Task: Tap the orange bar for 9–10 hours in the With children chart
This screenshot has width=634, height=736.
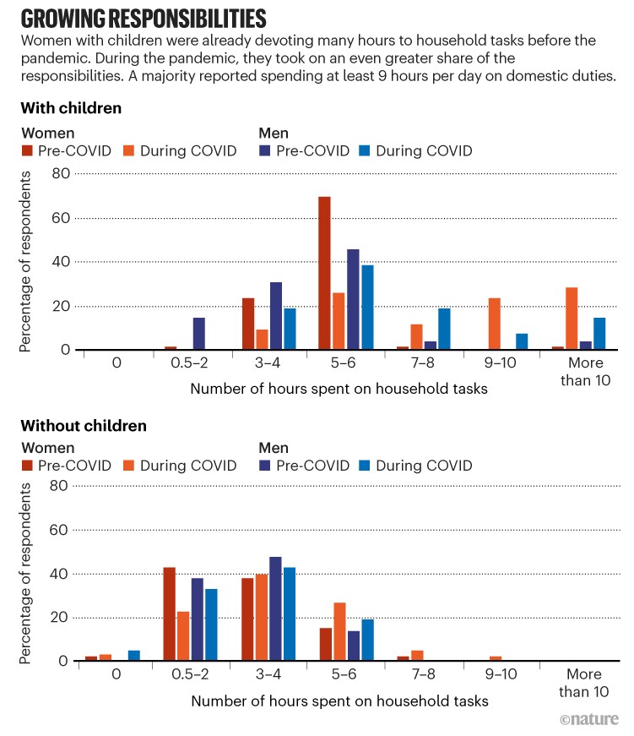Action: coord(495,324)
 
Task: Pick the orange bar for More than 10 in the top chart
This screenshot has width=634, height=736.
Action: coord(572,319)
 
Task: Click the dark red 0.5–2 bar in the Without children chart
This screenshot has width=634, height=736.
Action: coord(169,613)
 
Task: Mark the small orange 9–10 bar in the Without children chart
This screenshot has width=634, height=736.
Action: coord(495,658)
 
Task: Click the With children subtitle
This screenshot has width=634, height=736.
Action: coord(71,109)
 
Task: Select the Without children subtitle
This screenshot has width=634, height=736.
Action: coord(84,426)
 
